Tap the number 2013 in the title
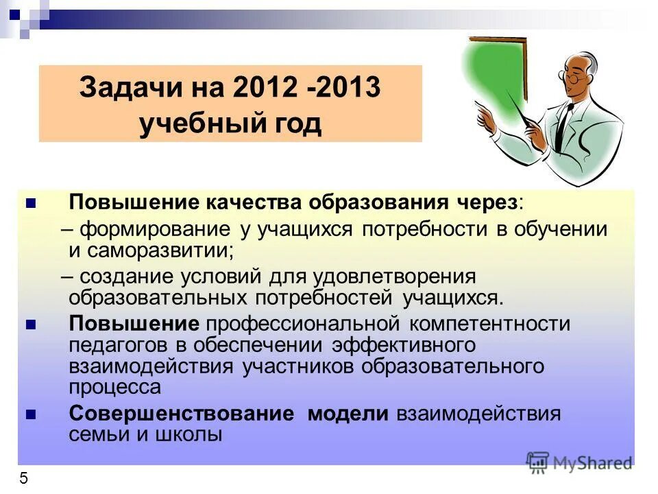(347, 89)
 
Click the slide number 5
(23, 478)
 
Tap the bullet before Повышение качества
(29, 203)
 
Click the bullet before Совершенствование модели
(29, 414)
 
